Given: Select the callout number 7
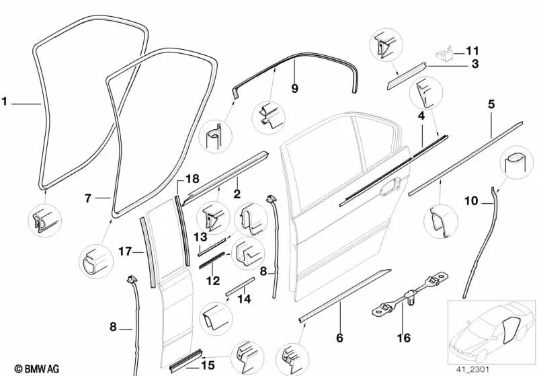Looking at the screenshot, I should click(x=88, y=198).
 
